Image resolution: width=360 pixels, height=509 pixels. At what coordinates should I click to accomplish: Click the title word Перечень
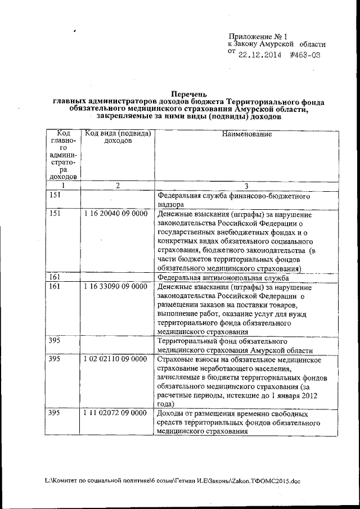point(189,94)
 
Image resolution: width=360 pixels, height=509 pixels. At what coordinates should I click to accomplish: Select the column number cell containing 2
point(118,185)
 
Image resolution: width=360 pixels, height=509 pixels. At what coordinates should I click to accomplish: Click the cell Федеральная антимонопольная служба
point(223,278)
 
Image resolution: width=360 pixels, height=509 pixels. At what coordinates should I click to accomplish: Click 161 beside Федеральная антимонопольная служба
point(54,278)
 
